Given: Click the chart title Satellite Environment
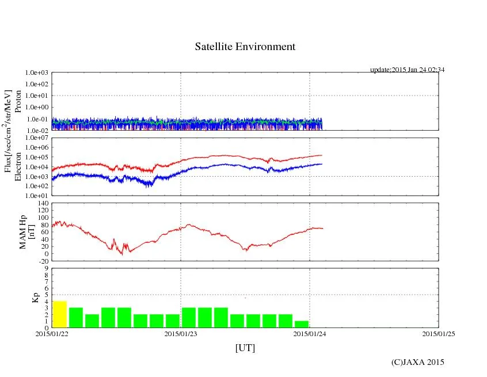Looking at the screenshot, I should coord(245,47).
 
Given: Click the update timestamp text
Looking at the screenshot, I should coord(407,70).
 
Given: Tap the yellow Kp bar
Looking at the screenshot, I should coord(60,314).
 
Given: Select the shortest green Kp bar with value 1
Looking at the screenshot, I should coord(302,324).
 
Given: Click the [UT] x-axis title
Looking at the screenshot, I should coord(245,348).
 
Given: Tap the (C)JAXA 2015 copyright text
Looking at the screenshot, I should coord(417,362).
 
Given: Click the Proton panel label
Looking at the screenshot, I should coord(18,101).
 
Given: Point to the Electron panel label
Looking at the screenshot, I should coord(18,167).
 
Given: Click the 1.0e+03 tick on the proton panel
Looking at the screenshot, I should coord(37,73).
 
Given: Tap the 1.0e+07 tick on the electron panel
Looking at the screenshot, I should coord(37,139).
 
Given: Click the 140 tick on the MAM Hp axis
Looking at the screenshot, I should coord(42,204).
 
